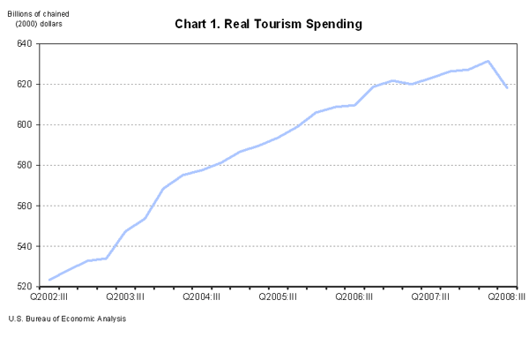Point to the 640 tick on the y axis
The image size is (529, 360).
(24, 43)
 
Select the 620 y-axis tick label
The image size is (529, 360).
(24, 84)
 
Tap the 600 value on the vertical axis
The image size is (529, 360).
(24, 124)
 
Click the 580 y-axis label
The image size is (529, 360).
(24, 165)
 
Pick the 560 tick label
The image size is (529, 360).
(24, 206)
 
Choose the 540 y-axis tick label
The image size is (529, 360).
(24, 246)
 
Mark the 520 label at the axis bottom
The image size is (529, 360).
(24, 287)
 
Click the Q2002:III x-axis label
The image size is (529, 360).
(49, 298)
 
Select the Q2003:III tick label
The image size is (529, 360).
(125, 298)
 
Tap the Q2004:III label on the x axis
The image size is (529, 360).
(202, 298)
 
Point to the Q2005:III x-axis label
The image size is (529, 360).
(278, 298)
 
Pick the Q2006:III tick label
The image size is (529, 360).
(354, 298)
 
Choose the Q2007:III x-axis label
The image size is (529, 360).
(430, 298)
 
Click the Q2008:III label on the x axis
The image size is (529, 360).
(506, 298)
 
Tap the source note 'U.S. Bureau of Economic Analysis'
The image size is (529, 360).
(67, 319)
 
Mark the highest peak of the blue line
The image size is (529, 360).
(488, 61)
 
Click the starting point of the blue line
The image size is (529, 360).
(49, 280)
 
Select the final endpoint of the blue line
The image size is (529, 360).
(507, 87)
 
